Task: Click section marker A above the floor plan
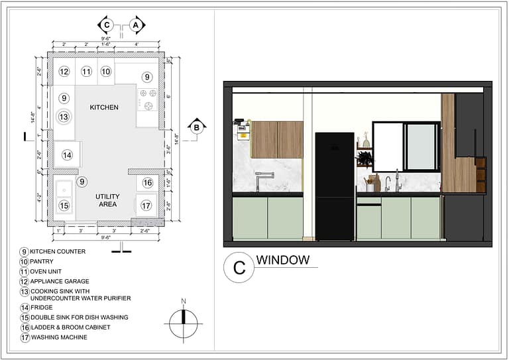(x=136, y=25)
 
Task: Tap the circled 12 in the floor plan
(x=64, y=72)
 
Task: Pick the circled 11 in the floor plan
(x=86, y=72)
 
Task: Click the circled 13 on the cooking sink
(x=64, y=117)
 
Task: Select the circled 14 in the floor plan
(x=67, y=155)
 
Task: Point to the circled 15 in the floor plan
(x=64, y=206)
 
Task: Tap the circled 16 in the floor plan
(x=147, y=182)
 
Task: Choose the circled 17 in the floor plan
(x=146, y=206)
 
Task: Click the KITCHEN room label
(x=104, y=107)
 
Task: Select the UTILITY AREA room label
(x=107, y=200)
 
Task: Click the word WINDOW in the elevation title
(x=283, y=260)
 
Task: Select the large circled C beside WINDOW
(x=239, y=269)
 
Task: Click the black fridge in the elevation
(x=335, y=186)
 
